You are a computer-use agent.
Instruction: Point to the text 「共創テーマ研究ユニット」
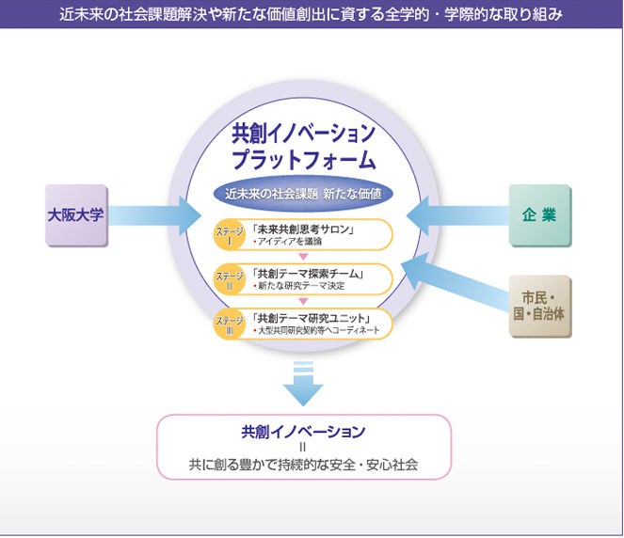314,316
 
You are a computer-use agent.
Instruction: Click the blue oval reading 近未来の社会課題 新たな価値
303,195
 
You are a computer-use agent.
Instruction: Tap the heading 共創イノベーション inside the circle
303,133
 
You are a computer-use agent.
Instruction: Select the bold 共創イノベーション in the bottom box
303,432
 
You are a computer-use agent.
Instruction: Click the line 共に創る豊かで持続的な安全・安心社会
303,464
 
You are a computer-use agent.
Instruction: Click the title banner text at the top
312,14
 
